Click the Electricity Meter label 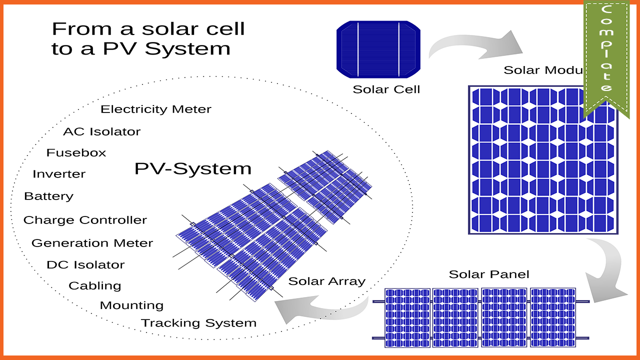[x=156, y=109]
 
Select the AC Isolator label [x=101, y=132]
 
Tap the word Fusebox [x=76, y=153]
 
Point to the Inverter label [x=59, y=174]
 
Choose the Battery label [x=48, y=196]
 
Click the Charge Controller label [x=85, y=220]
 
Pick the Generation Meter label [x=92, y=243]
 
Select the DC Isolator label [x=85, y=265]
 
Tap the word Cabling [x=95, y=286]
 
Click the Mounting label [x=131, y=305]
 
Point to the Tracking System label [x=198, y=323]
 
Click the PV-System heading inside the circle [x=192, y=169]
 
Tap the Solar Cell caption [x=386, y=90]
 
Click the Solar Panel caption [x=488, y=274]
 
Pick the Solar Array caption [x=326, y=281]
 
